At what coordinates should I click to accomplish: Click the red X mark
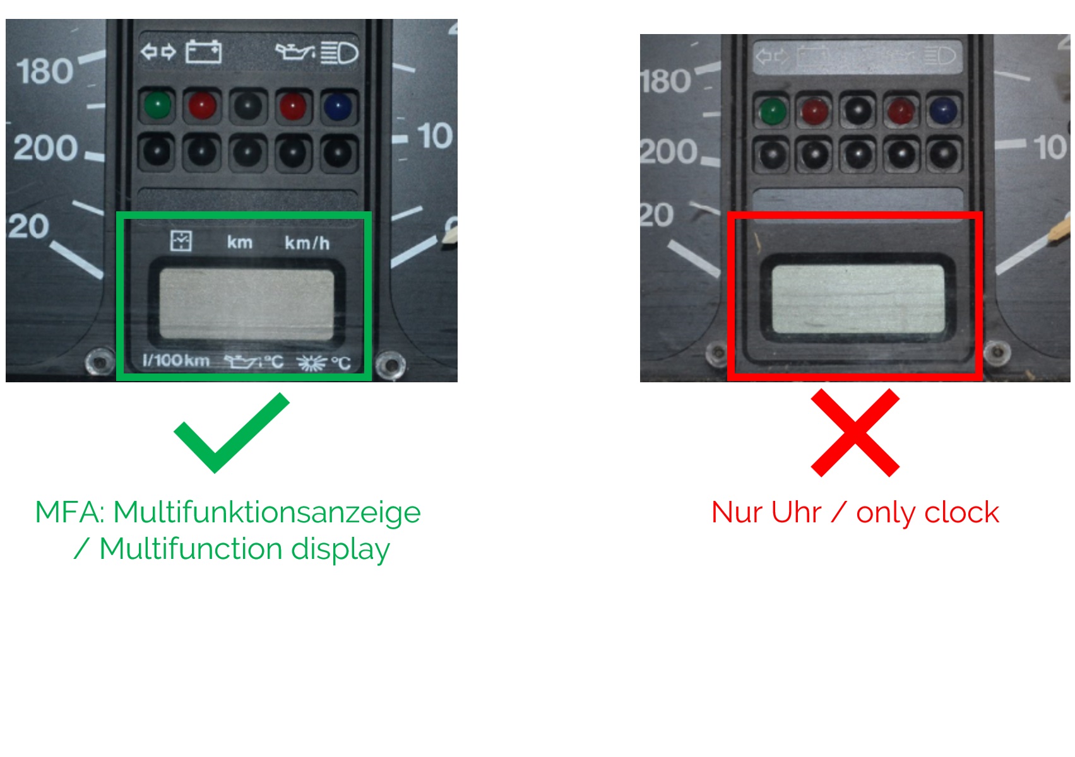(x=855, y=432)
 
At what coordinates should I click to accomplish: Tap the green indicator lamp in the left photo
(x=157, y=105)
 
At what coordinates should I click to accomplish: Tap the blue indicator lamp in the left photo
(x=338, y=107)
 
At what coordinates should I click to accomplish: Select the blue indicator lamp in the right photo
(x=943, y=110)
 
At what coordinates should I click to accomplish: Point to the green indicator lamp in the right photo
(x=773, y=112)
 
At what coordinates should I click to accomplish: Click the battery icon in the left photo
(x=204, y=52)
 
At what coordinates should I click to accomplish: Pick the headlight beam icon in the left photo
(x=340, y=53)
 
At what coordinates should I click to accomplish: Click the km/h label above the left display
(x=307, y=244)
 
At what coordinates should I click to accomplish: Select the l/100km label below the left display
(x=176, y=360)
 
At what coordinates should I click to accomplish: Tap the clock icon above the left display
(x=181, y=241)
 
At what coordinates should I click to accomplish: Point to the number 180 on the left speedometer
(x=45, y=71)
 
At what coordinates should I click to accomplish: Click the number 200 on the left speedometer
(x=45, y=147)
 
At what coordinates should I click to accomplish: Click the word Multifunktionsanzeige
(x=267, y=512)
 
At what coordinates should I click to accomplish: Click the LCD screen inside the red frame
(x=858, y=298)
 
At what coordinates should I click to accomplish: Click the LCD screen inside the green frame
(x=247, y=305)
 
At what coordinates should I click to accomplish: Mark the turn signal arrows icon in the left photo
(x=158, y=51)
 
